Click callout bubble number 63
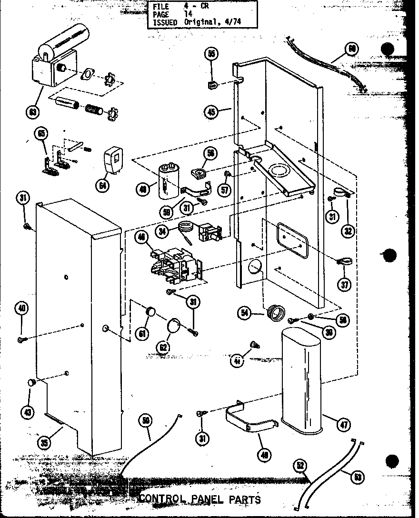tap(33, 112)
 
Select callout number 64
tap(102, 185)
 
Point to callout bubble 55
tap(212, 53)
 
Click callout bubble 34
tap(163, 232)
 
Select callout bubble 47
tap(342, 426)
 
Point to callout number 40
tap(22, 308)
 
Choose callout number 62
tap(163, 347)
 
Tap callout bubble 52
tap(299, 467)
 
